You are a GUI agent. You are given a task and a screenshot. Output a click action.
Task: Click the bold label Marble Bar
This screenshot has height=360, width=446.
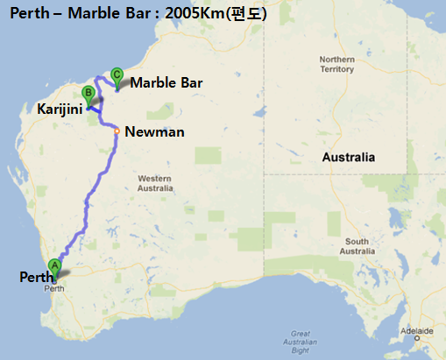[166, 82]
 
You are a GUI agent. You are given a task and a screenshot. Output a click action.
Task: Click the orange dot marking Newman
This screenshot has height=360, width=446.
[117, 132]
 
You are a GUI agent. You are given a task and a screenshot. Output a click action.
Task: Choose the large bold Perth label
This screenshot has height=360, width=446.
[35, 277]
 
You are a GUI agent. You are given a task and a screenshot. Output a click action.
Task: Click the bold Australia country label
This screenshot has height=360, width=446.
[348, 158]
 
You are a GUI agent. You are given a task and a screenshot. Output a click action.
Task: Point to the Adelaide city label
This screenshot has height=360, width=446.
[419, 332]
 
